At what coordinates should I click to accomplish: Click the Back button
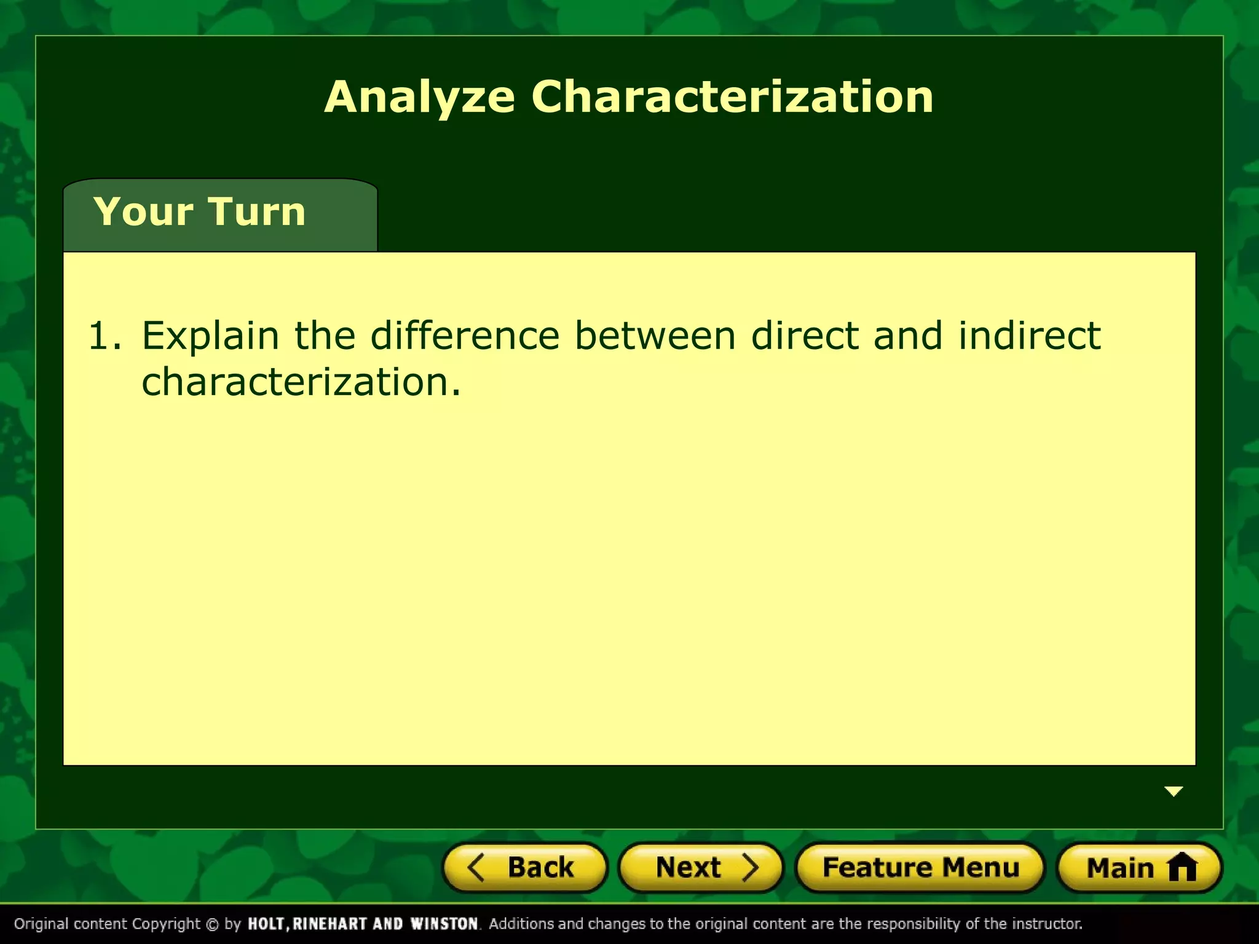pyautogui.click(x=524, y=868)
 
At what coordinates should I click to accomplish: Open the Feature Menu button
pyautogui.click(x=920, y=868)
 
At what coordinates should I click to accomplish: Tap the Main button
pyautogui.click(x=1139, y=868)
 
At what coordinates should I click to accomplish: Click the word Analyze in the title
pyautogui.click(x=419, y=98)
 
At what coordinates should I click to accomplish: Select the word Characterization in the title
pyautogui.click(x=732, y=96)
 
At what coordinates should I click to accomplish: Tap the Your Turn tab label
pyautogui.click(x=199, y=212)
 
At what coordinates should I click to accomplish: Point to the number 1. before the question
pyautogui.click(x=105, y=336)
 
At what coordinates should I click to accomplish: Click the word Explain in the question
pyautogui.click(x=210, y=337)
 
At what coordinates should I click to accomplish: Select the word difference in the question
pyautogui.click(x=465, y=336)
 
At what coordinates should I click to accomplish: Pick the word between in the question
pyautogui.click(x=655, y=336)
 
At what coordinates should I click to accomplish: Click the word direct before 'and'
pyautogui.click(x=805, y=336)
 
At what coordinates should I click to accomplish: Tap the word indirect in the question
pyautogui.click(x=1029, y=336)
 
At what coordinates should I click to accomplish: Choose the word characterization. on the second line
pyautogui.click(x=301, y=382)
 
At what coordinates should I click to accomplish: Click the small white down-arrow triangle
pyautogui.click(x=1174, y=792)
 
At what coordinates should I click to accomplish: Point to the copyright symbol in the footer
pyautogui.click(x=212, y=924)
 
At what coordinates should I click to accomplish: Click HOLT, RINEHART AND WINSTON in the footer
pyautogui.click(x=363, y=924)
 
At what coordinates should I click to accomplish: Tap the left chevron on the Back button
pyautogui.click(x=476, y=868)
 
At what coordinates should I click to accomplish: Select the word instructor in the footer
pyautogui.click(x=1046, y=924)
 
